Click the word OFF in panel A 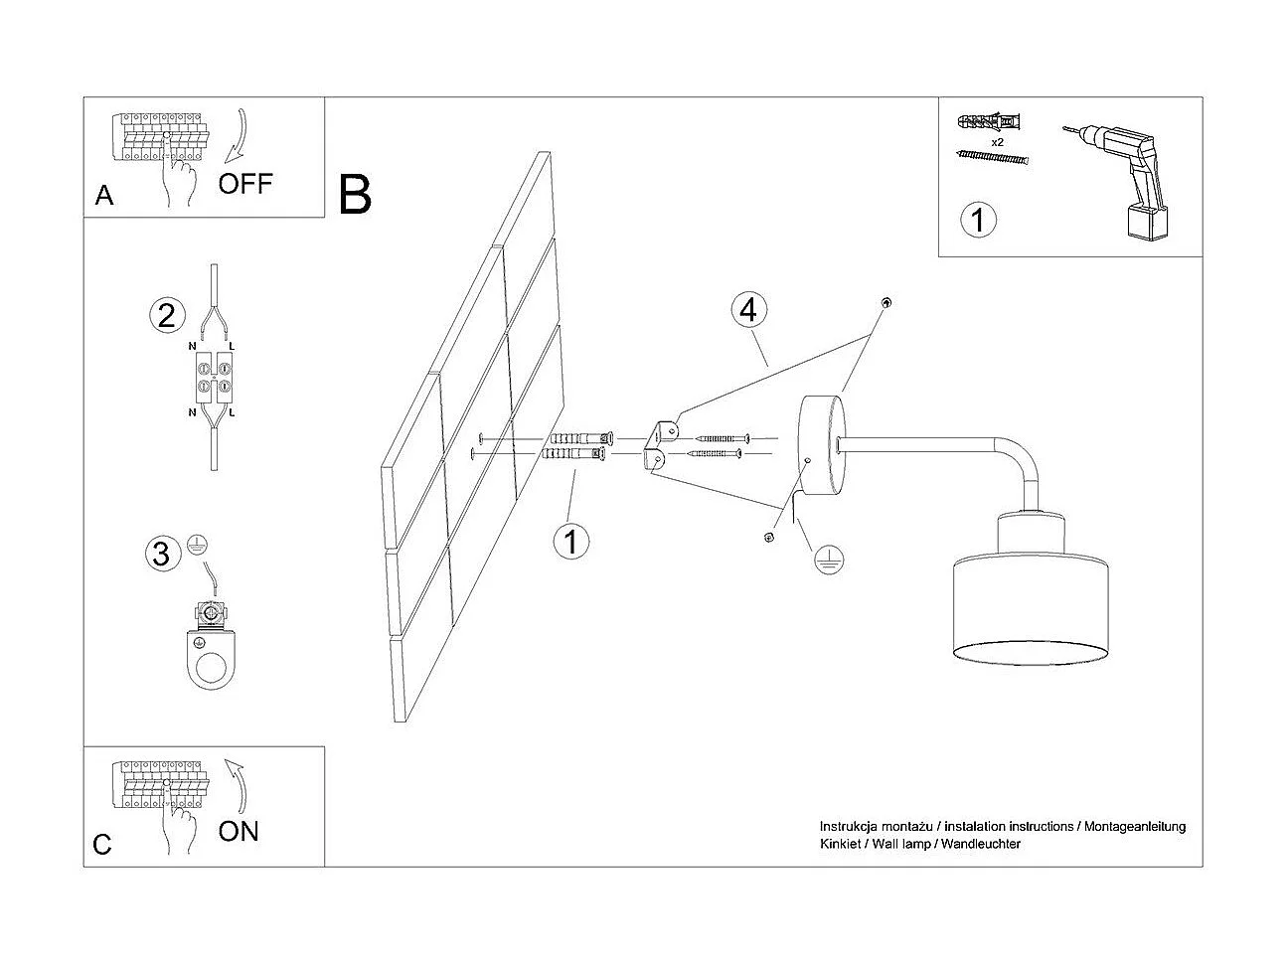[x=244, y=184]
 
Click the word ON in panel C [x=239, y=831]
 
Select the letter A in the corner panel [x=104, y=197]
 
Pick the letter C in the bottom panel [x=102, y=846]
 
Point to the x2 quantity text [x=997, y=143]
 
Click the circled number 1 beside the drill [x=979, y=219]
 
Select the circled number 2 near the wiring [x=166, y=316]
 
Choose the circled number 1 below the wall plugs [x=571, y=542]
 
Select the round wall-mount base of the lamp [x=821, y=445]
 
